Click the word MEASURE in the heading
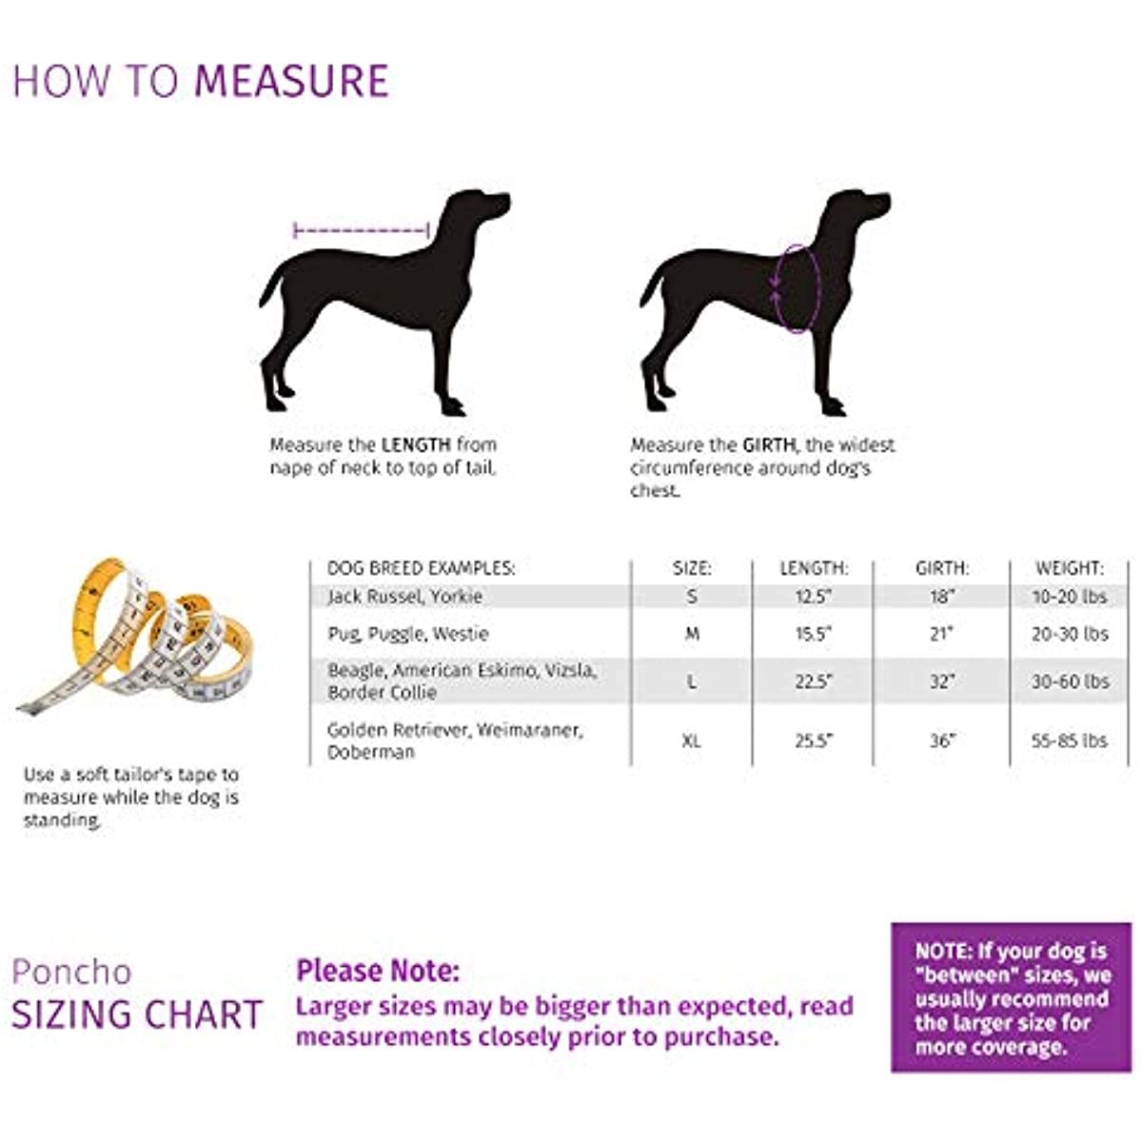[x=291, y=81]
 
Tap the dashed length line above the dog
[x=362, y=229]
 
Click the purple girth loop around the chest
[x=797, y=288]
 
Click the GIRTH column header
[x=942, y=568]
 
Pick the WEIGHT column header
[x=1070, y=568]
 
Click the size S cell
[x=692, y=597]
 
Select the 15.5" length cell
[x=814, y=634]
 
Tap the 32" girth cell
[x=942, y=681]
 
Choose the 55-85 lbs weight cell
[x=1070, y=740]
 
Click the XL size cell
[x=692, y=740]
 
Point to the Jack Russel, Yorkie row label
[x=404, y=597]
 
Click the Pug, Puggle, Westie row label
[x=407, y=634]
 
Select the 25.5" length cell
[x=814, y=740]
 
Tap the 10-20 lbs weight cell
[x=1070, y=597]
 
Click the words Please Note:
[x=378, y=971]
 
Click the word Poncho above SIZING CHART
[x=71, y=972]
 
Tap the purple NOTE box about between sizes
[x=1012, y=997]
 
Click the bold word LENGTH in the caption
[x=416, y=444]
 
